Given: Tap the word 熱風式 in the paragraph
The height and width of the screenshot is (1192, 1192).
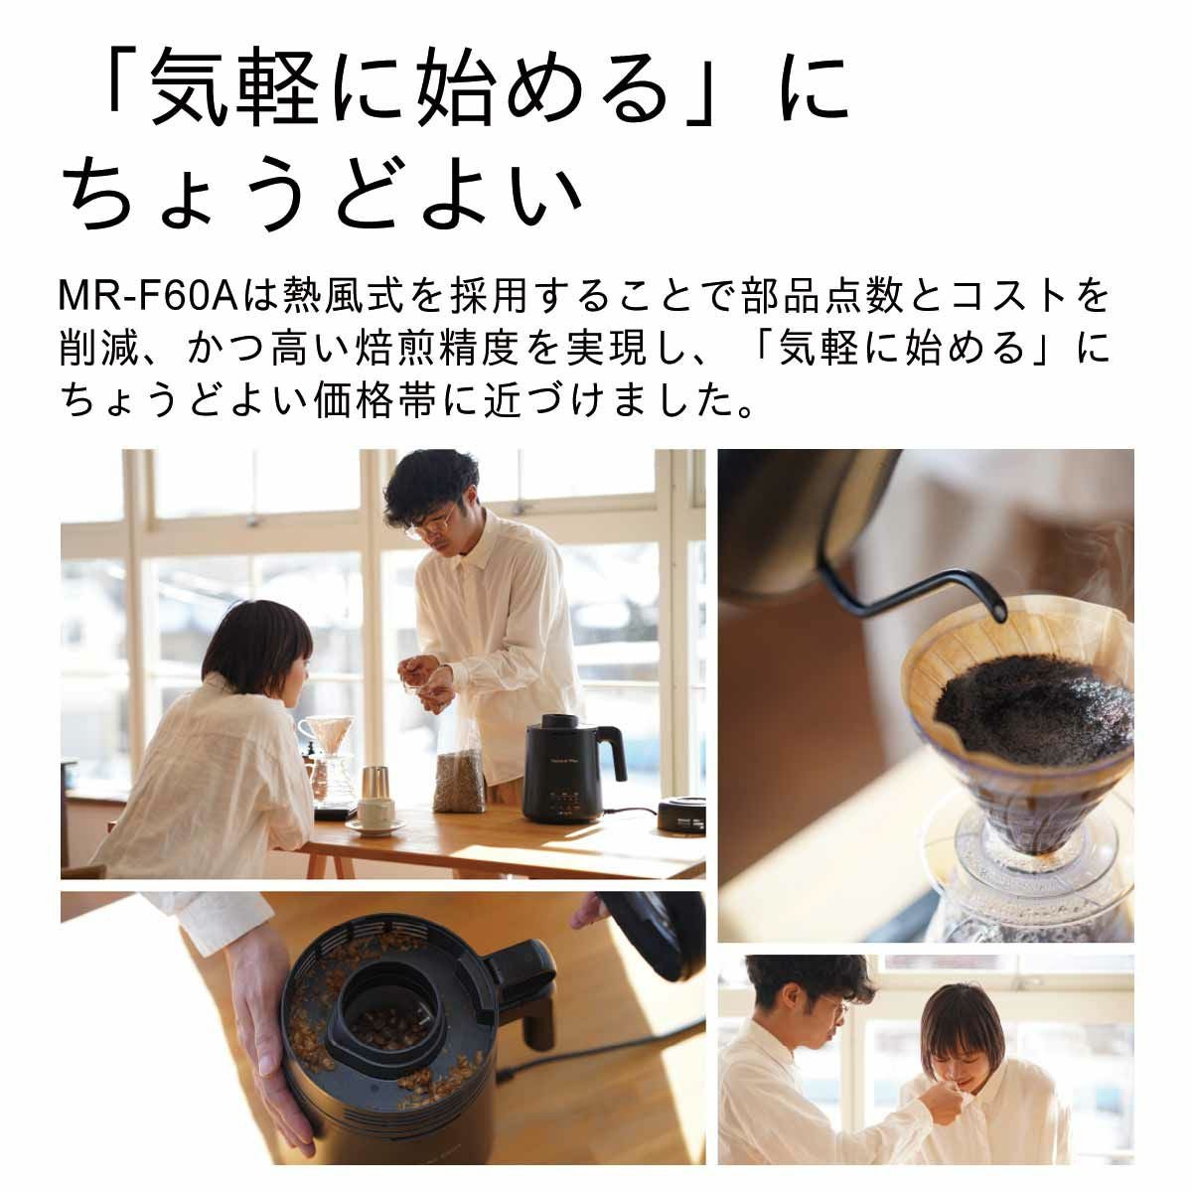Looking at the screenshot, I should tap(337, 296).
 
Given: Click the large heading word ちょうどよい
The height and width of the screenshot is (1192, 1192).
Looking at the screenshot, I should tap(323, 192).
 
